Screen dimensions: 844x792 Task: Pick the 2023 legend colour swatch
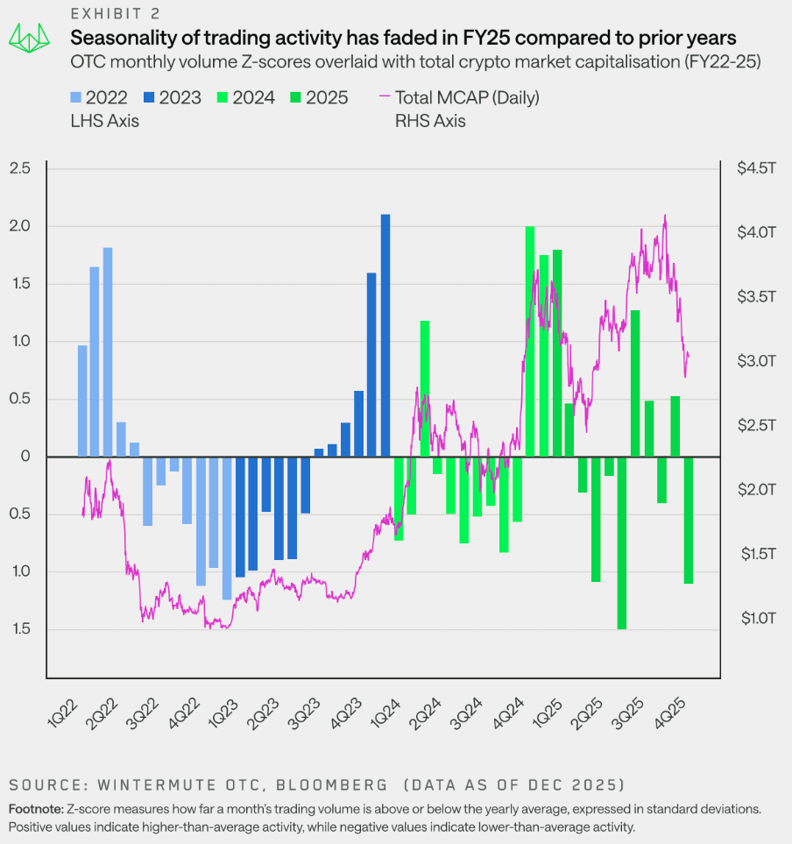point(152,98)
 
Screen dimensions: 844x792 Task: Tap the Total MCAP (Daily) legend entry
point(467,97)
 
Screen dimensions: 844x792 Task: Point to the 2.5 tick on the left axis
point(18,168)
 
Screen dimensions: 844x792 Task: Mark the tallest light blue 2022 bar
point(108,351)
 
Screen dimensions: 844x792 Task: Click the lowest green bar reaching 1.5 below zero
point(622,543)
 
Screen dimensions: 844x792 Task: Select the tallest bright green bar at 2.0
point(530,341)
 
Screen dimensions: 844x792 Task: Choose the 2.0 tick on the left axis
point(18,226)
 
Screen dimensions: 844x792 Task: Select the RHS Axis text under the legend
point(430,122)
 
